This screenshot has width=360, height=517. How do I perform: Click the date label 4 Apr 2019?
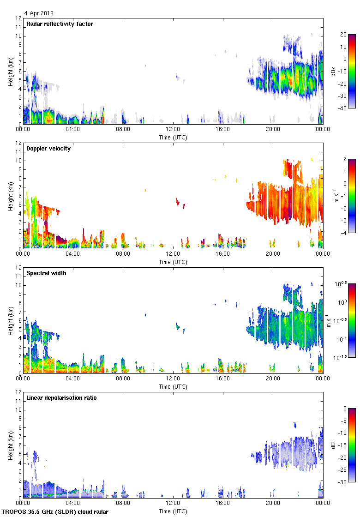coord(39,13)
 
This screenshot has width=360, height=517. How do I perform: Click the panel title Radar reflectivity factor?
coord(60,24)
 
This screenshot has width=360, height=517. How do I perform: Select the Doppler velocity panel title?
coord(48,149)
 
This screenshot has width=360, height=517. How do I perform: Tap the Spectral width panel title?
coord(46,273)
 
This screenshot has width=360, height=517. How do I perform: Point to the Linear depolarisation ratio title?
coord(61,398)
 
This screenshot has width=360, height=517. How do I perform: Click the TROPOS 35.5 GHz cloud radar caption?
coord(55,512)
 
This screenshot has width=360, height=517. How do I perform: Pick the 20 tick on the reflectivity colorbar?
coord(343,34)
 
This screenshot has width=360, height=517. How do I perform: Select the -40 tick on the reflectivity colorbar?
coord(343,108)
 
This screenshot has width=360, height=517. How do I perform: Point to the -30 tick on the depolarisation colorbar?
coord(343,482)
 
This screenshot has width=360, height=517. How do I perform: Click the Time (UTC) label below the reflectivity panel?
coord(173,138)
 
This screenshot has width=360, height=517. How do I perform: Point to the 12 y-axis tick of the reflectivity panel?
coord(18,18)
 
